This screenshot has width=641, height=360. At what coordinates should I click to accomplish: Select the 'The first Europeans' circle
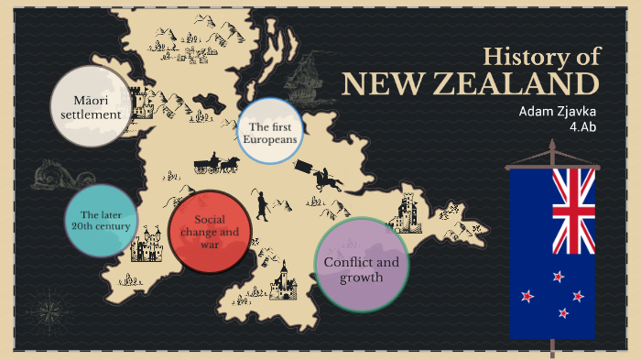pyautogui.click(x=269, y=131)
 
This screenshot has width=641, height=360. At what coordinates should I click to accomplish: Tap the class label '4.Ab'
pyautogui.click(x=583, y=127)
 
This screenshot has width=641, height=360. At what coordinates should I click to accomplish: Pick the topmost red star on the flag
pyautogui.click(x=557, y=276)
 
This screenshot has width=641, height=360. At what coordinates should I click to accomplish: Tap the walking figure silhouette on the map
pyautogui.click(x=261, y=205)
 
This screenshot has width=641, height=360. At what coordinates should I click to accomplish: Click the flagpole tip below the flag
pyautogui.click(x=553, y=349)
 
